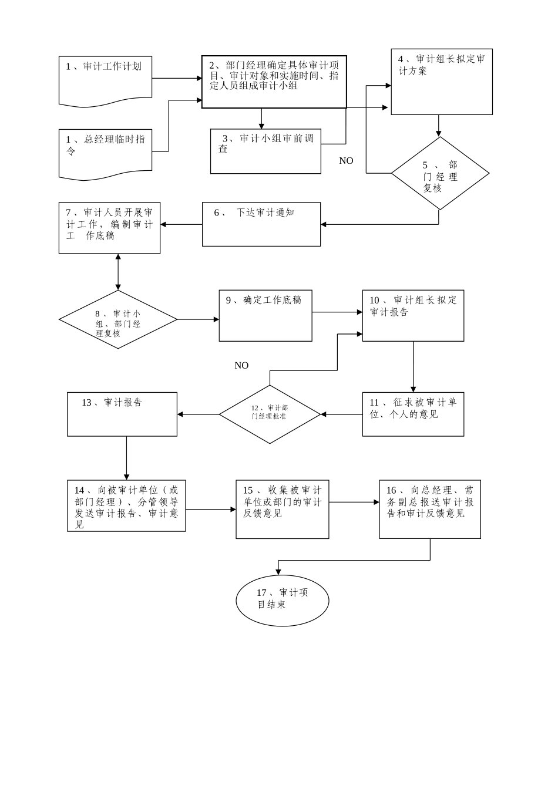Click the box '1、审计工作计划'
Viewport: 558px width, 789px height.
(105, 81)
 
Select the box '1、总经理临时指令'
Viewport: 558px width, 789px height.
(105, 153)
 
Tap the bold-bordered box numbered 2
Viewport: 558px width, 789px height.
(274, 82)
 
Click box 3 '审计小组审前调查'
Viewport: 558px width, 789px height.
(265, 151)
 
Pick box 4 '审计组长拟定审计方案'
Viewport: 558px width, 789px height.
(442, 82)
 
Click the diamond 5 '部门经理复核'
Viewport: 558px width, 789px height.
(440, 173)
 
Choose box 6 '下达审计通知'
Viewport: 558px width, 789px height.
(261, 224)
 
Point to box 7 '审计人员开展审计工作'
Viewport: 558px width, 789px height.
(109, 228)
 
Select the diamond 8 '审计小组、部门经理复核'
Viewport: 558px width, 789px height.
(118, 319)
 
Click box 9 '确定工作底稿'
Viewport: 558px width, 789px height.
(265, 315)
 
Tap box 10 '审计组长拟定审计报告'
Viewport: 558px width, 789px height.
(413, 315)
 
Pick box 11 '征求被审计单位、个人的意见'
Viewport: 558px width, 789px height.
(413, 414)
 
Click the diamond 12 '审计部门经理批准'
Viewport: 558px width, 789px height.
(270, 414)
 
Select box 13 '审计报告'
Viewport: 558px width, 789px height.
(122, 414)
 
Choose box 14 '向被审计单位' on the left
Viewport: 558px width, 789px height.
(126, 505)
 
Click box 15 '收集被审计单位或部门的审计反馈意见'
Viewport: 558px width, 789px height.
(283, 509)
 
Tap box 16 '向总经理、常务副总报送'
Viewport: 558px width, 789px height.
(430, 509)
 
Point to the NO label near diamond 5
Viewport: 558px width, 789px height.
(346, 161)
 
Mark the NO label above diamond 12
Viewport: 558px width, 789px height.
(241, 366)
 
